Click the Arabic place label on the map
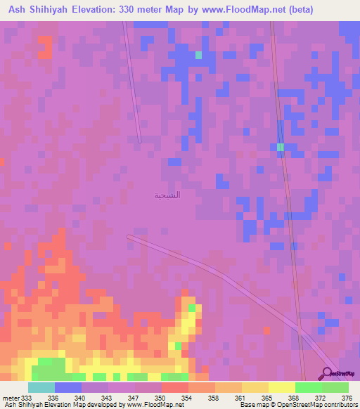167,195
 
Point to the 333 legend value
27,397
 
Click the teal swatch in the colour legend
41,387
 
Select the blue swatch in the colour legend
68,387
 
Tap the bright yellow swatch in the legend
281,387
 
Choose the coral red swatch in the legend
174,387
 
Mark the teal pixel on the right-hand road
280,147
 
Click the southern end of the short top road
139,141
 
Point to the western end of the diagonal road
128,237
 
